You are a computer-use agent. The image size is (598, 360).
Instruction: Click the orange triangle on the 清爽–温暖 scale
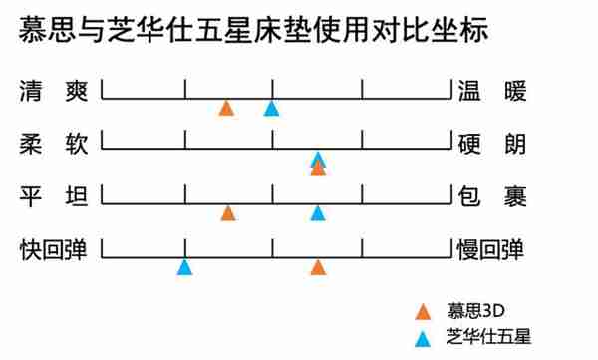[x=227, y=108]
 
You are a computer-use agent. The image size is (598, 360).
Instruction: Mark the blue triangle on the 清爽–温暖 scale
[x=271, y=108]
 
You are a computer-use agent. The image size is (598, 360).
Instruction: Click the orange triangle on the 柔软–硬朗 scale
[x=318, y=168]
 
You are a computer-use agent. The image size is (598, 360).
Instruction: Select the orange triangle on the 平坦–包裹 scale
[x=228, y=212]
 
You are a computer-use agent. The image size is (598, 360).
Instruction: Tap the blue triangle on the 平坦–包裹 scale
[x=317, y=212]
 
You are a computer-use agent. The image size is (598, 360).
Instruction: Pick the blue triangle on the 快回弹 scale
[x=184, y=266]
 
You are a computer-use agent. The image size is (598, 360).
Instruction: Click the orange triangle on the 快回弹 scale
[x=318, y=266]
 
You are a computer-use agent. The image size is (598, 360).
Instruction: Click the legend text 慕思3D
[x=477, y=310]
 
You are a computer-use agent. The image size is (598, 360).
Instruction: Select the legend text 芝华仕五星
[x=488, y=337]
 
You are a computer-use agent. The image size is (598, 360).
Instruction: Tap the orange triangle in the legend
[x=425, y=311]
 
